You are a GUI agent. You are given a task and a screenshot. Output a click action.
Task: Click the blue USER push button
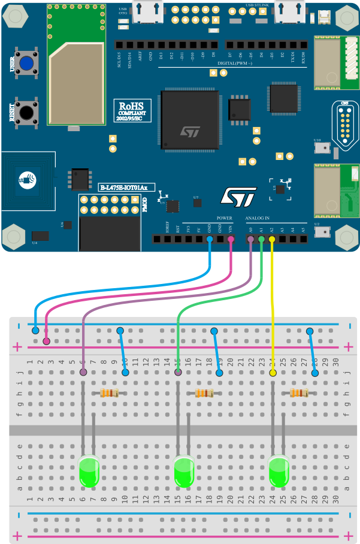(x=26, y=63)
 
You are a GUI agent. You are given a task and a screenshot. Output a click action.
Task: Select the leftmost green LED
(x=89, y=472)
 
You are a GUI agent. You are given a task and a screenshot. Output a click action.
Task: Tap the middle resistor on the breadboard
(x=204, y=393)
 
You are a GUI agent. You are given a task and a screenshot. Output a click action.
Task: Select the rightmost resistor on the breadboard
(x=299, y=393)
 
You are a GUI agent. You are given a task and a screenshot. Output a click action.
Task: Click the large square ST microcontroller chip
(x=189, y=120)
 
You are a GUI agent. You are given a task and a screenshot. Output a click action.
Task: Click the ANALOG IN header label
(x=258, y=217)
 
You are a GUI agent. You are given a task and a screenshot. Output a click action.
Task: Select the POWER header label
(x=224, y=217)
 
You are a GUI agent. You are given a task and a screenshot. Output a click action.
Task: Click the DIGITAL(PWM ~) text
(x=235, y=63)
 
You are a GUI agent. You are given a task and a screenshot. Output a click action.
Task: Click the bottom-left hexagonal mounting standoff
(x=14, y=237)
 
